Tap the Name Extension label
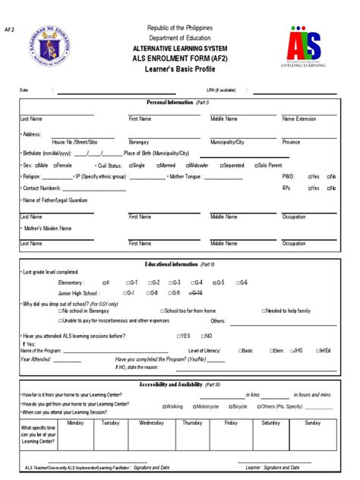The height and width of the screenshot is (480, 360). (x=299, y=119)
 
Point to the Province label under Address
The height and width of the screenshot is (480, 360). (x=292, y=142)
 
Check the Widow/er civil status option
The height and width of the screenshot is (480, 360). (x=196, y=165)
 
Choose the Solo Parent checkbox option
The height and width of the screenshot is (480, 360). (x=271, y=165)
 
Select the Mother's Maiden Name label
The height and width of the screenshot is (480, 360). (x=48, y=228)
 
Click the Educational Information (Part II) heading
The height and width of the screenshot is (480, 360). (x=179, y=264)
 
